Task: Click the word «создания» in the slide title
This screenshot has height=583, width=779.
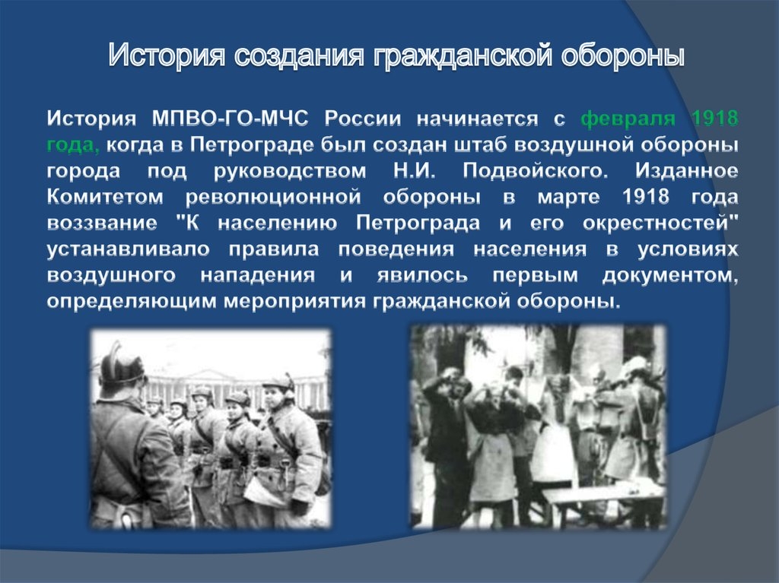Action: coord(299,55)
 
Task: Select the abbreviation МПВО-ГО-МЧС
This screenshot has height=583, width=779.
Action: coord(230,119)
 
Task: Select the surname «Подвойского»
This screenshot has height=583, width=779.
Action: coord(536,171)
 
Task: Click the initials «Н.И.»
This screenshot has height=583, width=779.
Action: coord(415,171)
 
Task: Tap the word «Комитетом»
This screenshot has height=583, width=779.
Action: coord(105,197)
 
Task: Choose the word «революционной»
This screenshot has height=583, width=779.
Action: coord(273,198)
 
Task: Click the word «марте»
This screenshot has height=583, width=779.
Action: coord(568,198)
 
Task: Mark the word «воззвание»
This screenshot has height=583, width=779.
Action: coord(102,223)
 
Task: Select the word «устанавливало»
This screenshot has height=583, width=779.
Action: coord(128,249)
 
